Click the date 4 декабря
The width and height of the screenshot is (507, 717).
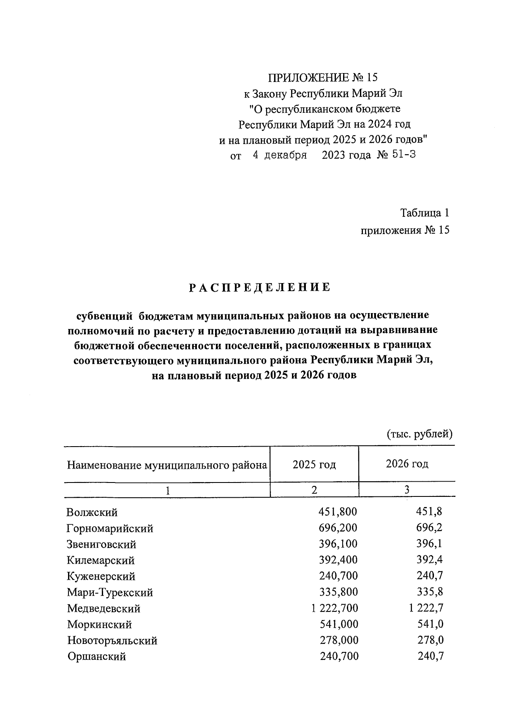click(280, 155)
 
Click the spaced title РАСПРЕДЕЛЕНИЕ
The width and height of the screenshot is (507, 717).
click(259, 287)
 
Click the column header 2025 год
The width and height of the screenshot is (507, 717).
click(314, 464)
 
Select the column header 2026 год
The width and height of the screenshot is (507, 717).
click(407, 464)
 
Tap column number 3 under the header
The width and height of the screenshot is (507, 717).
click(407, 490)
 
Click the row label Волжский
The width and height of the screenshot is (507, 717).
click(92, 513)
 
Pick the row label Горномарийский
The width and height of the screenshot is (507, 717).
click(110, 529)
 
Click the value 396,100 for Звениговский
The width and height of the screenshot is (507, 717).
click(338, 544)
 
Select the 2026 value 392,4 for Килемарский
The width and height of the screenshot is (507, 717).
click(430, 560)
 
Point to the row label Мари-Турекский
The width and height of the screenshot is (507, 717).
click(110, 592)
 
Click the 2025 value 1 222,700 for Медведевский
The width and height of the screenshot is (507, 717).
click(334, 608)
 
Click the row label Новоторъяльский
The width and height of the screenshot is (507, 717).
click(112, 641)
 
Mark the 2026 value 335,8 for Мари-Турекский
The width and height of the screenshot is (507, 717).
click(430, 592)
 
